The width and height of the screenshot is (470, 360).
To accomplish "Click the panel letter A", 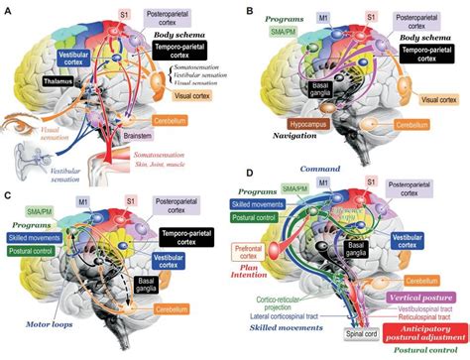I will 9,9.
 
